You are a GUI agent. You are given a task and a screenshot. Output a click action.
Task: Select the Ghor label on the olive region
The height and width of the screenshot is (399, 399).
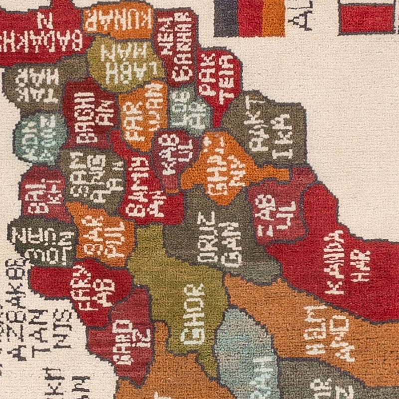[x=194, y=314]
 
